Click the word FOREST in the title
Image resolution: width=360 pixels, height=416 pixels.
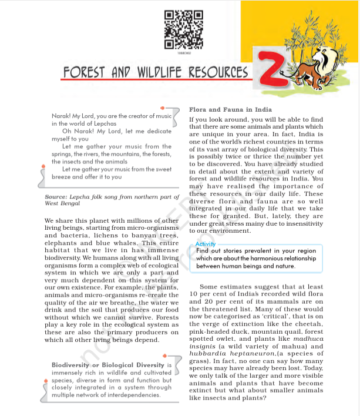pyautogui.click(x=86, y=72)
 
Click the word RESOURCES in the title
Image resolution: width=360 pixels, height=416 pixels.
pyautogui.click(x=219, y=72)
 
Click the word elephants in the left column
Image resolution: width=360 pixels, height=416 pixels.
pyautogui.click(x=63, y=241)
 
